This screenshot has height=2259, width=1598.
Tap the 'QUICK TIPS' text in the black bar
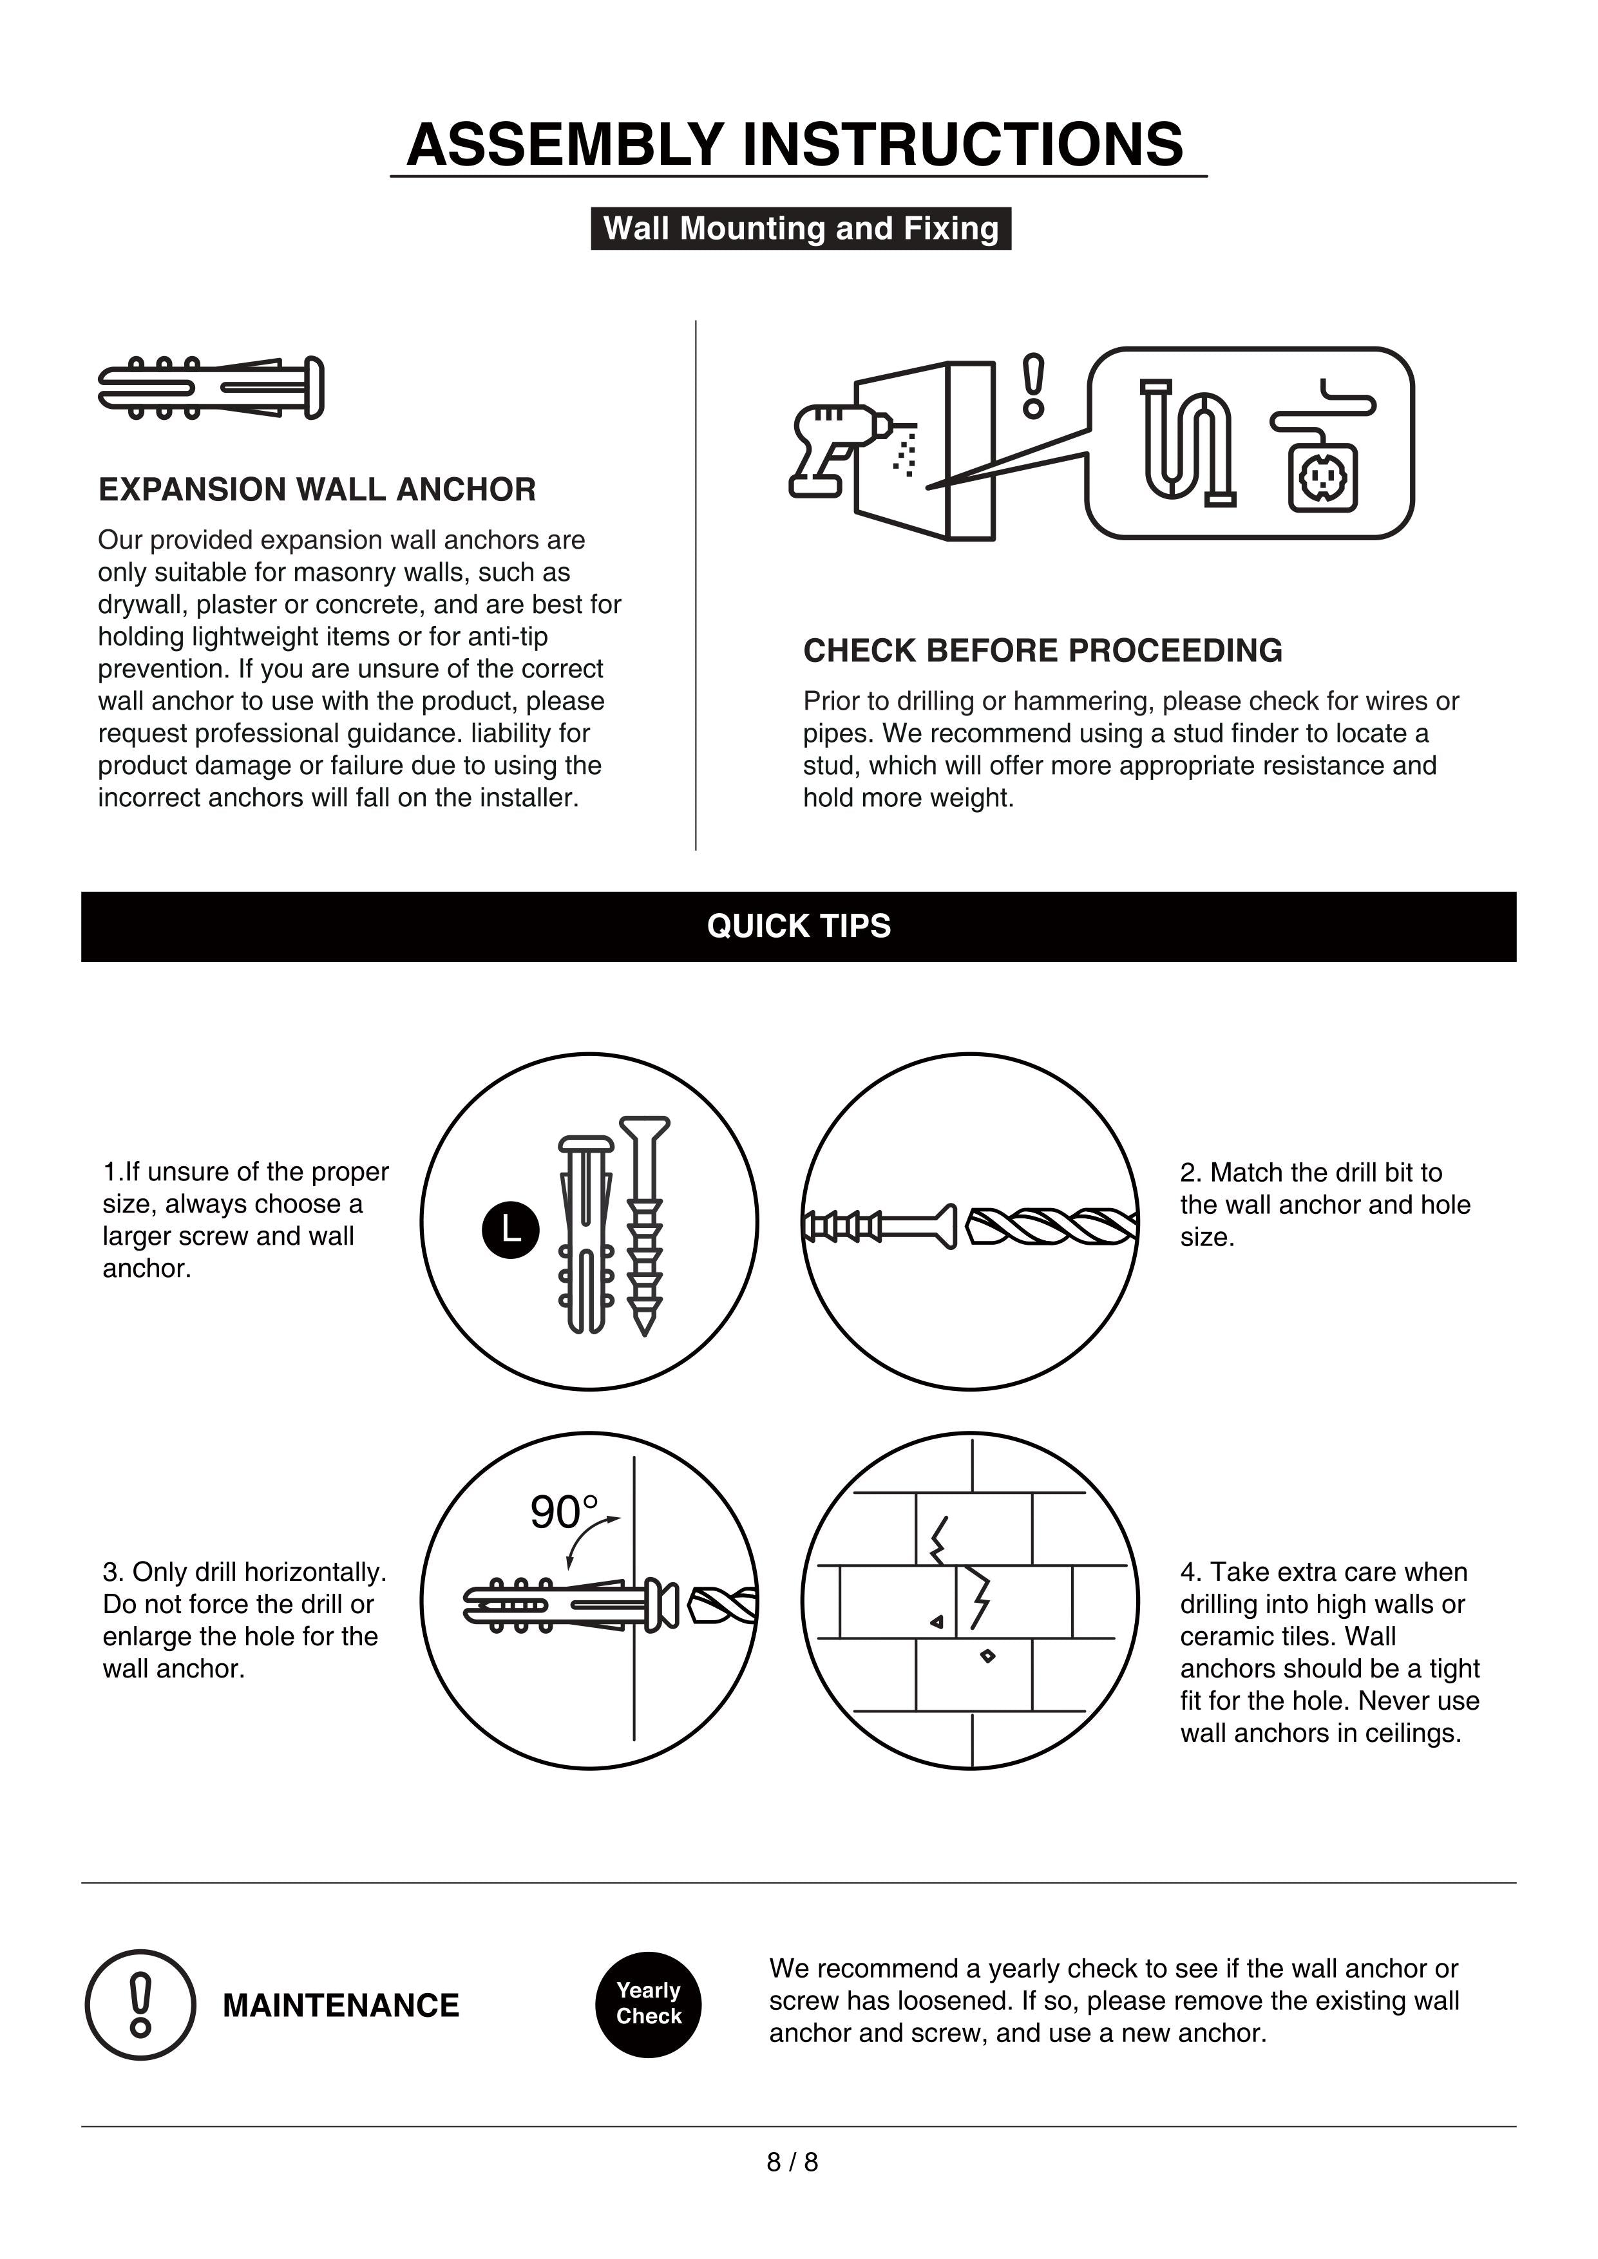[x=798, y=926]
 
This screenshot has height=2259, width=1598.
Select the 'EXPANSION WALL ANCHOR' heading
[x=317, y=489]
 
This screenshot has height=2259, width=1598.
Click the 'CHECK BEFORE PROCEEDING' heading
[x=1042, y=650]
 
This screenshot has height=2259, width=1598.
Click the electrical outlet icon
[x=1322, y=477]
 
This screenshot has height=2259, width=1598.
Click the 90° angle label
[x=563, y=1512]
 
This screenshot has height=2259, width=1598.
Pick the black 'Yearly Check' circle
[x=649, y=2004]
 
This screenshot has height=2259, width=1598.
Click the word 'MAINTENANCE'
[x=341, y=2005]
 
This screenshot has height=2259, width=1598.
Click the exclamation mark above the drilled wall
[x=1032, y=386]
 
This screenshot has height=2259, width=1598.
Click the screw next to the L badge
[x=645, y=1224]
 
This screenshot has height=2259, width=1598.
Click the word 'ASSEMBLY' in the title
[x=565, y=145]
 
